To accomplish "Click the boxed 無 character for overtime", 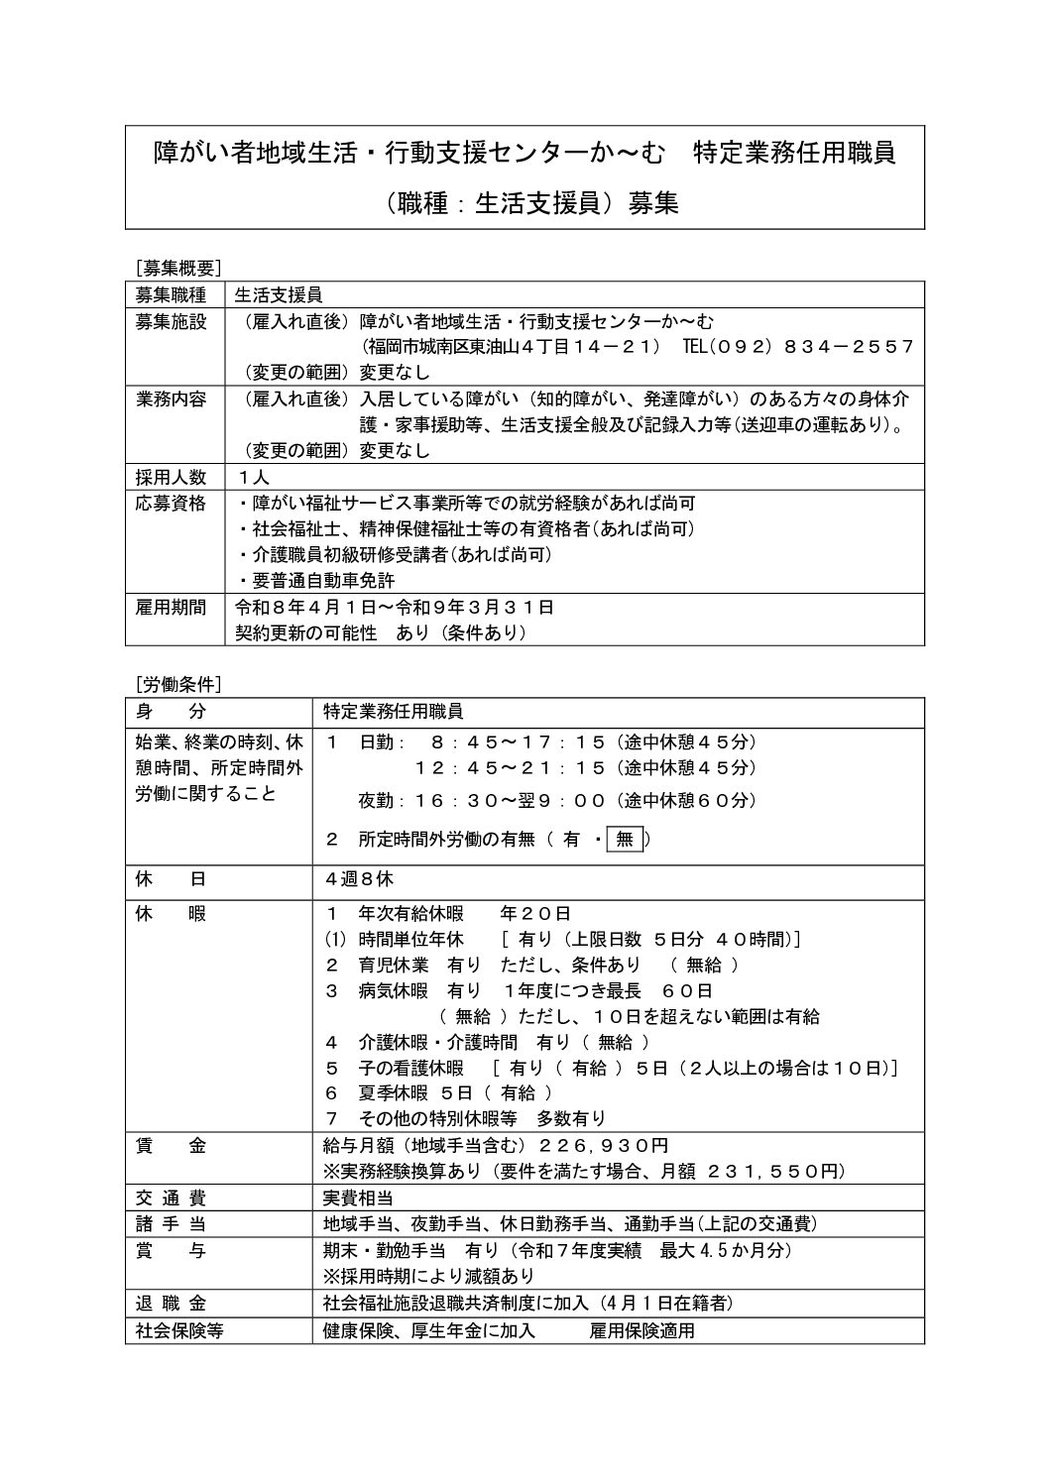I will tap(625, 840).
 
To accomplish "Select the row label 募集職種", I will tap(171, 294).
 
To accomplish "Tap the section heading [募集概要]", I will tap(178, 267).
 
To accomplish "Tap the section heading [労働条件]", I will tap(178, 684).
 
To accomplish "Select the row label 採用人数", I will tap(171, 477).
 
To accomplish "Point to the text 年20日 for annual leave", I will tap(535, 913).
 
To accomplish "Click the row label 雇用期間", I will tap(171, 607).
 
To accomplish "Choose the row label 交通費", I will tap(171, 1198).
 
